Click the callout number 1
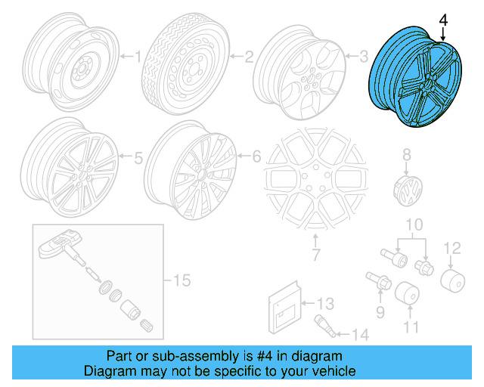pos(138,55)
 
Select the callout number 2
pos(248,55)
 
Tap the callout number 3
pos(363,55)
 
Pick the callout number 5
pos(138,159)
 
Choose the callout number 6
pos(256,157)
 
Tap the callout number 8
pos(406,155)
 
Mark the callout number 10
pos(412,225)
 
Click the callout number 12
pos(451,247)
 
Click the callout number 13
pos(324,304)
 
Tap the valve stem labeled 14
pos(321,330)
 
